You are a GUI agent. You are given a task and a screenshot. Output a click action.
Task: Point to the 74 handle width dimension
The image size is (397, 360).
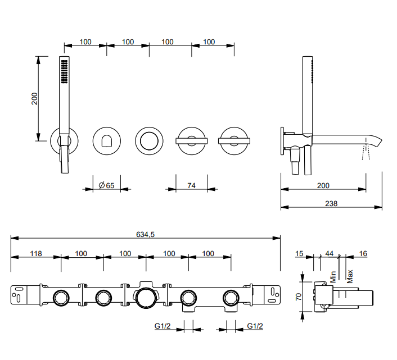[191, 185]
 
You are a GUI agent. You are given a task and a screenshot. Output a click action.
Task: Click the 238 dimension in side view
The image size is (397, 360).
[331, 204]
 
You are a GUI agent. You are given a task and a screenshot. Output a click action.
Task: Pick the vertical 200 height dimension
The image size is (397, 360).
[34, 98]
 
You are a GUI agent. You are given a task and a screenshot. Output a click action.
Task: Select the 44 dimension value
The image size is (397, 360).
[330, 254]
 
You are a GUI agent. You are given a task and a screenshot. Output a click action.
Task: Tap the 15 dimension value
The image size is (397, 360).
[300, 254]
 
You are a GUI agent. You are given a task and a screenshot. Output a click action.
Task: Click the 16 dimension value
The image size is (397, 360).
[363, 254]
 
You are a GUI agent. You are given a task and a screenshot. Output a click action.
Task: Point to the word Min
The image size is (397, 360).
[333, 276]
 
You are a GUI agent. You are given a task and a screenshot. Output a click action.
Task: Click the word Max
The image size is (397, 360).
[350, 276]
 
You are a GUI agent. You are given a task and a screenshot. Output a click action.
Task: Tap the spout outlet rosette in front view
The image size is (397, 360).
[106, 140]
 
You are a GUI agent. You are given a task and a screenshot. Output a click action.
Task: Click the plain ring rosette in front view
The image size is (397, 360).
[149, 140]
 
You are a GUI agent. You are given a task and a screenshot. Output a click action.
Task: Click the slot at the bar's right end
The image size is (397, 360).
[274, 291]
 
